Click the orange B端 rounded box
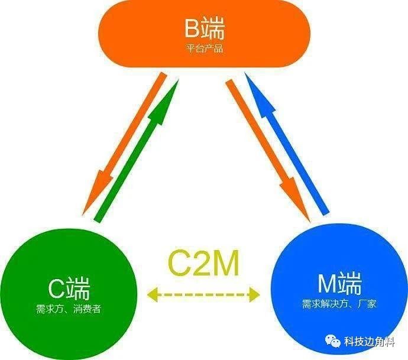tap(204, 34)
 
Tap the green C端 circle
tap(68, 292)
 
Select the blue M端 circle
tap(339, 291)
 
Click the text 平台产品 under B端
tap(204, 48)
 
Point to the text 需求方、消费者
tap(69, 309)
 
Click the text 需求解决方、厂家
tap(339, 304)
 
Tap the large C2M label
tap(203, 262)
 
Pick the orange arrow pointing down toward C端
tap(124, 144)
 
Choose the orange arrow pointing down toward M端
tap(268, 151)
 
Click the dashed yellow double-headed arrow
tap(203, 294)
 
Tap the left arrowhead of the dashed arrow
tap(152, 295)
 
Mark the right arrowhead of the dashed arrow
tap(254, 294)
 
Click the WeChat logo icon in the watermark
tap(332, 340)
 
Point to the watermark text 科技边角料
tap(370, 341)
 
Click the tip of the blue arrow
tap(245, 73)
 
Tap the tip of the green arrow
tap(179, 80)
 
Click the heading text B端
tap(205, 28)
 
